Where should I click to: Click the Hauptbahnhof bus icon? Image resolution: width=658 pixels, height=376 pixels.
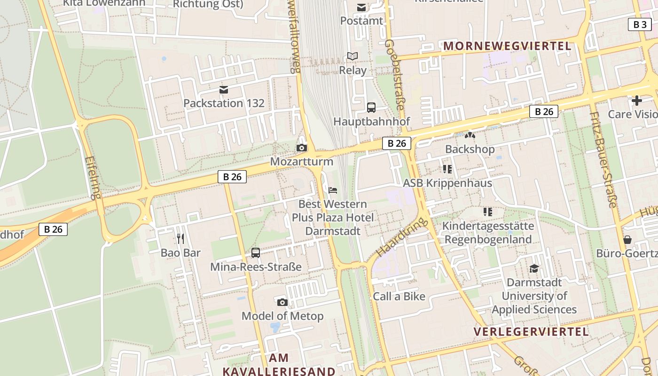click(371, 108)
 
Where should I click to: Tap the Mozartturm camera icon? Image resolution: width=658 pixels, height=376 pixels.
click(302, 148)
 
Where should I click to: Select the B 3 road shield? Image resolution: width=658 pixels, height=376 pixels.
click(640, 24)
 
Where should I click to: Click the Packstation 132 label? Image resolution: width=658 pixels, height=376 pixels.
click(224, 103)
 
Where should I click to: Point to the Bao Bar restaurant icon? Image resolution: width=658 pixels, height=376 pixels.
click(180, 239)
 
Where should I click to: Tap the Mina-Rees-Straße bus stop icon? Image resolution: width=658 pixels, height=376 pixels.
click(256, 253)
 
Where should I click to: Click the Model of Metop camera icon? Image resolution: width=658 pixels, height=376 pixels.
click(282, 302)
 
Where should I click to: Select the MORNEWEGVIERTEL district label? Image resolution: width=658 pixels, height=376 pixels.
click(507, 46)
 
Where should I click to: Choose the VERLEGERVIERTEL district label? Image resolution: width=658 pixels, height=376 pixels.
click(531, 332)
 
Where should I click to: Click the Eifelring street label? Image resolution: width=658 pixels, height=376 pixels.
click(94, 178)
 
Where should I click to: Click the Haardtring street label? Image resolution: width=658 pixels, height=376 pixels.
click(402, 236)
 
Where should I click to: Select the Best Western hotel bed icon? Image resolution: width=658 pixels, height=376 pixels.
click(333, 190)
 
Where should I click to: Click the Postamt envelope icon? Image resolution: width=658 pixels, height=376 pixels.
click(361, 8)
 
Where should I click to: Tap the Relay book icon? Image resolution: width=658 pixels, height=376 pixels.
click(352, 56)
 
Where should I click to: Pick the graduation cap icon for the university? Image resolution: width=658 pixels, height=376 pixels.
click(534, 268)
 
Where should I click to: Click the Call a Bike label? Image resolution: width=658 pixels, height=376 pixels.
click(399, 296)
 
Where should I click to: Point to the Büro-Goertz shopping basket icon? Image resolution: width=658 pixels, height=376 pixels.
click(627, 240)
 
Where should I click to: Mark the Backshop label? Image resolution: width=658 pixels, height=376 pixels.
click(470, 149)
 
